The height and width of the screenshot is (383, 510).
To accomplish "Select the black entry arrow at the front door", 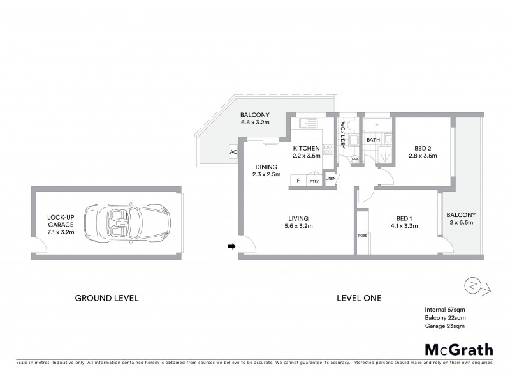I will [231, 246].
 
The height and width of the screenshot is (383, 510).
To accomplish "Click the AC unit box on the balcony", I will [233, 152].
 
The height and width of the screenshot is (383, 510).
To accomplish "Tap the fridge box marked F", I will [298, 181].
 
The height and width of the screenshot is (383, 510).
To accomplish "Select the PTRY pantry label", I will [314, 181].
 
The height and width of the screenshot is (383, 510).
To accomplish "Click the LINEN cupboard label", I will [330, 178].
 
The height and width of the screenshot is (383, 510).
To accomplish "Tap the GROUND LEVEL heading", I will [106, 298].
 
